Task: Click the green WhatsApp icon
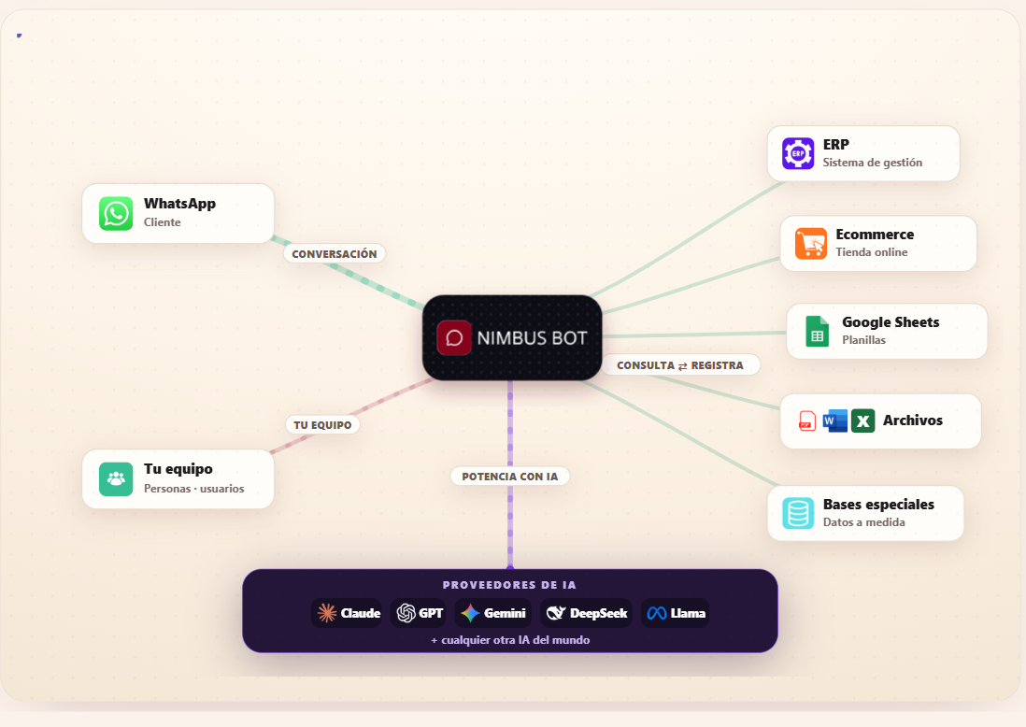tap(116, 213)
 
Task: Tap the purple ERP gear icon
tap(798, 154)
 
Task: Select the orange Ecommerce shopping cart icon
tap(811, 244)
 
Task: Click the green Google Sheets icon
tap(818, 331)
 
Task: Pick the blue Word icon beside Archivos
tap(835, 421)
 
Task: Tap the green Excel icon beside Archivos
tap(863, 421)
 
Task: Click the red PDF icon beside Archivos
tap(806, 421)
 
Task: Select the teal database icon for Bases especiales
tap(798, 513)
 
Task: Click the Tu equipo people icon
tap(116, 479)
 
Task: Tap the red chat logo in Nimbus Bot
tap(454, 337)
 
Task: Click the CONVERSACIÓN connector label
tap(335, 254)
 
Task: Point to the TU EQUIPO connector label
tap(322, 425)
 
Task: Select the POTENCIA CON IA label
tap(509, 477)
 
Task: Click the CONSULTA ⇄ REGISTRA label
tap(680, 365)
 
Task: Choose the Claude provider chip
tap(347, 613)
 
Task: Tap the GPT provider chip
tap(419, 613)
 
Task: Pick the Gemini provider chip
tap(493, 613)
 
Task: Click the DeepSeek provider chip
tap(586, 613)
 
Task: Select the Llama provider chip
tap(676, 613)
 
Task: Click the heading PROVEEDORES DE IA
tap(509, 585)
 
